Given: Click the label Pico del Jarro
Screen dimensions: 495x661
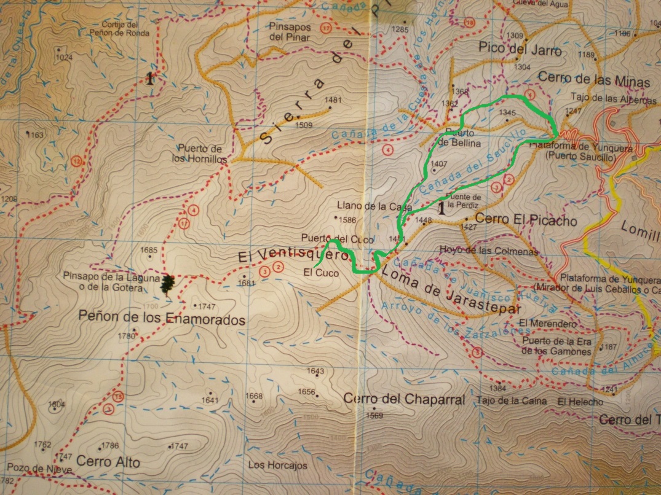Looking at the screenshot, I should click(x=520, y=50).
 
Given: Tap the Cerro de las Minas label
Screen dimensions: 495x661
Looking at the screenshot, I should click(x=593, y=79).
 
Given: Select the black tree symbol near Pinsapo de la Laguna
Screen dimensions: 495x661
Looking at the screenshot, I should click(x=167, y=284).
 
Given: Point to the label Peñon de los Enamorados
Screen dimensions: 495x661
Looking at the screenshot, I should click(x=162, y=319).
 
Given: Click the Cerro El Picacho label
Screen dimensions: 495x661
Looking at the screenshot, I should click(x=526, y=219).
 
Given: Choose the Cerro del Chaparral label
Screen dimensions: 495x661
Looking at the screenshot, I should click(x=404, y=399).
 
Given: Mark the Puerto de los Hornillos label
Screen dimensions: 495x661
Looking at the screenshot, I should click(x=199, y=153).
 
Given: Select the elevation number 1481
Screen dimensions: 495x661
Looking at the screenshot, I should click(x=333, y=100).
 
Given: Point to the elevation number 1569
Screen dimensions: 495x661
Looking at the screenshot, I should click(x=374, y=415).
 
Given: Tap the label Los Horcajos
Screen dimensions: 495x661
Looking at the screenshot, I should click(x=277, y=465).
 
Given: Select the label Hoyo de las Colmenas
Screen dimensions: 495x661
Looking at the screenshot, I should click(x=489, y=250).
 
